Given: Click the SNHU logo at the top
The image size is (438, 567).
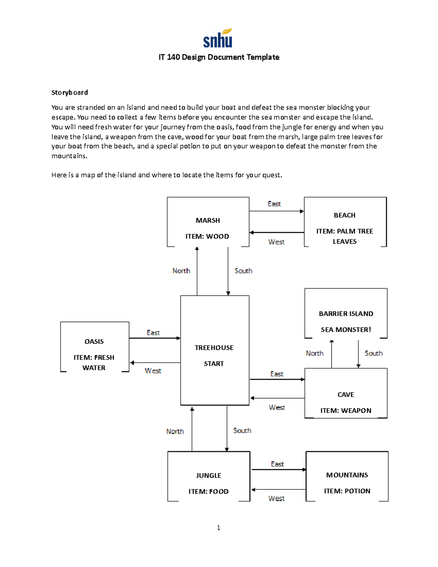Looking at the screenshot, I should pyautogui.click(x=218, y=38).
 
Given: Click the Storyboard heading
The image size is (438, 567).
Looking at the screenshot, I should pyautogui.click(x=69, y=92).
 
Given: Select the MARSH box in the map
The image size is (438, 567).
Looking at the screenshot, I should pyautogui.click(x=208, y=222).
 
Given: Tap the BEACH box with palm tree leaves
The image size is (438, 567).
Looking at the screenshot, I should pyautogui.click(x=345, y=222).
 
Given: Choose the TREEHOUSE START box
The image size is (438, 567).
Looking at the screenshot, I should pyautogui.click(x=215, y=350).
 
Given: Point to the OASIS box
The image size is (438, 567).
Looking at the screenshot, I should pyautogui.click(x=95, y=347).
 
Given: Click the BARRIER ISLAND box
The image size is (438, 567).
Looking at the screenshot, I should pyautogui.click(x=346, y=313).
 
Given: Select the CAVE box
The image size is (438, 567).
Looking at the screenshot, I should pyautogui.click(x=346, y=393).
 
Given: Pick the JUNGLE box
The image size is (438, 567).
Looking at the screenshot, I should pyautogui.click(x=209, y=476).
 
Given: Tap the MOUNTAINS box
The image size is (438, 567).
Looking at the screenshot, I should pyautogui.click(x=347, y=476).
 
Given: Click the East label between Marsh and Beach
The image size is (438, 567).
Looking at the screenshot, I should pyautogui.click(x=274, y=204).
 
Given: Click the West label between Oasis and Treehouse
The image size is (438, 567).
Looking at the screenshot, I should pyautogui.click(x=153, y=371).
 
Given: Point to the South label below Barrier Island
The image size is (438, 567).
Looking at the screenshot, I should pyautogui.click(x=373, y=353).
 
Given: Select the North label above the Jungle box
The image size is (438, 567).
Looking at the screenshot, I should pyautogui.click(x=175, y=431).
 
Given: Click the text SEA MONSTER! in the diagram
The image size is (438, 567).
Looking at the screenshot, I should pyautogui.click(x=346, y=330).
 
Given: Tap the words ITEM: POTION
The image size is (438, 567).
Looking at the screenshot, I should pyautogui.click(x=347, y=491).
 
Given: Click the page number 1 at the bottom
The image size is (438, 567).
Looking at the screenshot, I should pyautogui.click(x=218, y=528).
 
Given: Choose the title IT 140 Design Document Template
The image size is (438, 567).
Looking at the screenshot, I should pyautogui.click(x=219, y=57).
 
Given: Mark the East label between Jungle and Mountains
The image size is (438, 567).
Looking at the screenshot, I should pyautogui.click(x=277, y=464).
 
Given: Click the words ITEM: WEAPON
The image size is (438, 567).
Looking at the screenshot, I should pyautogui.click(x=346, y=410).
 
